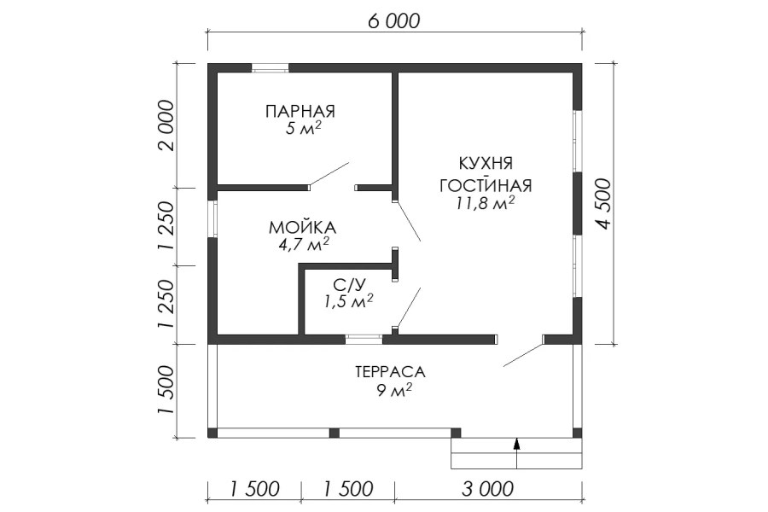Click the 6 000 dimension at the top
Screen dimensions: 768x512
click(393, 21)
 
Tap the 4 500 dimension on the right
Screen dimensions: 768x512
click(604, 204)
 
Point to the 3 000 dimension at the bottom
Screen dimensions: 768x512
click(488, 489)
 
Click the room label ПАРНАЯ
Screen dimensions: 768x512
click(300, 111)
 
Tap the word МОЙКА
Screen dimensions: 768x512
click(302, 227)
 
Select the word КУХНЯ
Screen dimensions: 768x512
click(486, 163)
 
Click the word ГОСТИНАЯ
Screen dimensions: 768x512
click(486, 186)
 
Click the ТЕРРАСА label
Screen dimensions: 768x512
click(390, 372)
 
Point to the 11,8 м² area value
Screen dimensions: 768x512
click(485, 203)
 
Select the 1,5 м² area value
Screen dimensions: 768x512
click(348, 301)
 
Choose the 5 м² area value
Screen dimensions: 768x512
click(303, 128)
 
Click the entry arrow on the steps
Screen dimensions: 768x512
click(516, 454)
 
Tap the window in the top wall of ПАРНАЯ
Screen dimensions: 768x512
click(270, 68)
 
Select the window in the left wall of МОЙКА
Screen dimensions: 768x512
click(212, 219)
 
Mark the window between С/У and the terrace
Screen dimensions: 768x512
click(364, 339)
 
